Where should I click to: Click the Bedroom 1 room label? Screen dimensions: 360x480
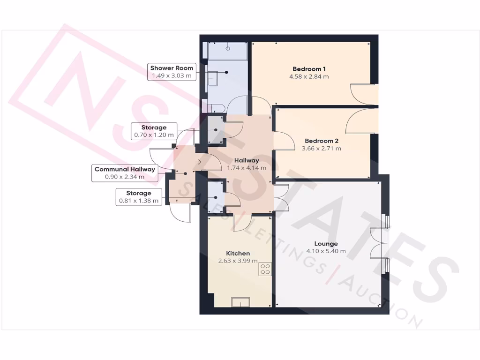click(x=309, y=68)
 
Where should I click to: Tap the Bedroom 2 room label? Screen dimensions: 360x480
click(x=322, y=141)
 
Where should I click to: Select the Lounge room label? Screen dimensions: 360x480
click(x=326, y=244)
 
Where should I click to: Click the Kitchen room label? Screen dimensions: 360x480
click(x=238, y=253)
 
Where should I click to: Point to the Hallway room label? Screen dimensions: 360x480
click(x=247, y=160)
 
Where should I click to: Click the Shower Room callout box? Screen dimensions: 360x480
click(x=172, y=72)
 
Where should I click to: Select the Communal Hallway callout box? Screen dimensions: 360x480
click(x=125, y=173)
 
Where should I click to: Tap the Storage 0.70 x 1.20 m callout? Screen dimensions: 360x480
click(x=154, y=131)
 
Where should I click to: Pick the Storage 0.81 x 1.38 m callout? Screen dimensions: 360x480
click(x=139, y=197)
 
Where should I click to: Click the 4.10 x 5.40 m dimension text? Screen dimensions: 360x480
click(x=326, y=251)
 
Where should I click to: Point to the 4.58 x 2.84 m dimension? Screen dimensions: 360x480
click(x=309, y=76)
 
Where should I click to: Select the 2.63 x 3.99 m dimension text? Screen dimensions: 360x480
click(x=238, y=261)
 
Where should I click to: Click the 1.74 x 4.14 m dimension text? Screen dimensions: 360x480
click(x=247, y=168)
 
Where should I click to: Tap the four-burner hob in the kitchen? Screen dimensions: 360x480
click(x=265, y=269)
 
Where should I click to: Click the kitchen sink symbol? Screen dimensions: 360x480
click(x=240, y=302)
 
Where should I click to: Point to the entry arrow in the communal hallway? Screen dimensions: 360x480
click(x=198, y=162)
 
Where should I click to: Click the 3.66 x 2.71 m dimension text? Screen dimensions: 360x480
click(x=322, y=149)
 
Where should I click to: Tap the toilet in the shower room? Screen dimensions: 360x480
click(x=208, y=105)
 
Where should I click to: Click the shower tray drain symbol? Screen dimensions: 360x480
click(x=228, y=48)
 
